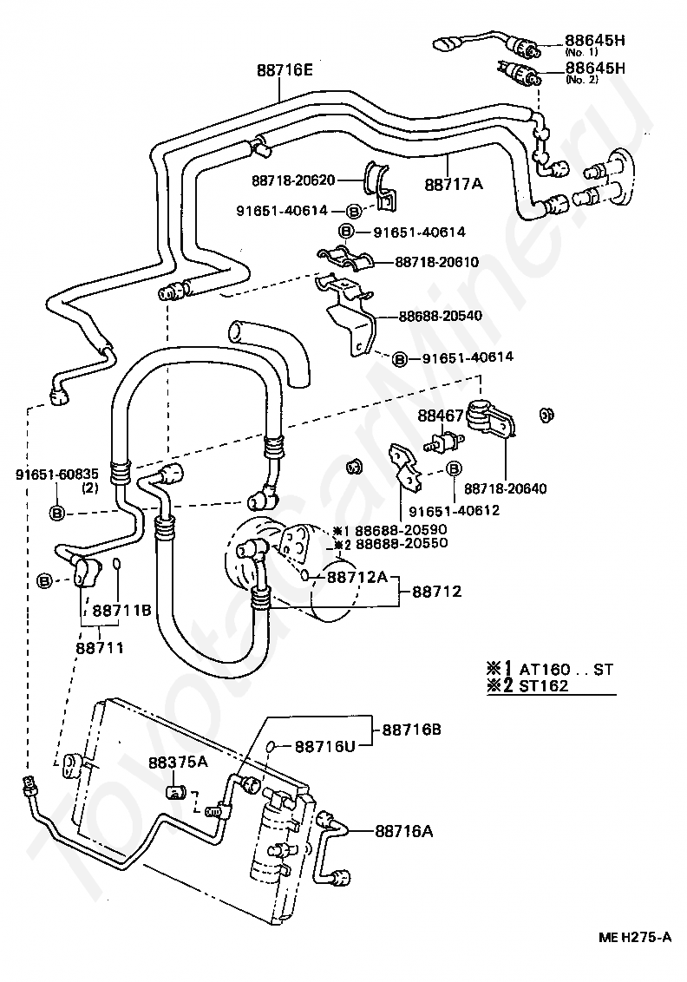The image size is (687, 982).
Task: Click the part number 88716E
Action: [284, 70]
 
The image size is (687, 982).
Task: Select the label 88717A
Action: [453, 184]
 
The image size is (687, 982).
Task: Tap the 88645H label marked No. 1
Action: [595, 40]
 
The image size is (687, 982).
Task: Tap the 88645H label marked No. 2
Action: [595, 68]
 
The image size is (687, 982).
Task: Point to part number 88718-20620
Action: [293, 180]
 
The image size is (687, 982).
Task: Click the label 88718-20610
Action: [436, 261]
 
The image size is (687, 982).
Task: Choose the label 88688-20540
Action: [440, 316]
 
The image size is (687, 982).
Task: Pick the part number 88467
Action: [441, 416]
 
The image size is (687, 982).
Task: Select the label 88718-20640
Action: [505, 489]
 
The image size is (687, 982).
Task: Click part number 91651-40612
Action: [454, 510]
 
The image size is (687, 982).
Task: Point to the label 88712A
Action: [357, 576]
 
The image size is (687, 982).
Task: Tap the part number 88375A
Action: [177, 763]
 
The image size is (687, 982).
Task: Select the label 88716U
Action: [325, 746]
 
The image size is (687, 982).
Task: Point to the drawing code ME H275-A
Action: [634, 938]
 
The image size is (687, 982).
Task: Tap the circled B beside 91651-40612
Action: [453, 469]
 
